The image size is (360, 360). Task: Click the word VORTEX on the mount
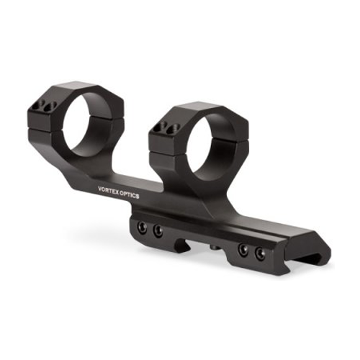tap(108, 191)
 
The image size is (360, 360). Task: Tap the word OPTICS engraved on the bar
tap(130, 195)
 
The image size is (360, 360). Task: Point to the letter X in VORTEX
tap(117, 192)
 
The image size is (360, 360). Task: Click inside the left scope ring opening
tap(86, 125)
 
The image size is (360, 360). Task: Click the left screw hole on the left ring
tap(38, 105)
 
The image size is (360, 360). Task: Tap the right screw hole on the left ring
tap(50, 107)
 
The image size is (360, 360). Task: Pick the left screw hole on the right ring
tap(160, 127)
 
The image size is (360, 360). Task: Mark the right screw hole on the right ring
tap(174, 129)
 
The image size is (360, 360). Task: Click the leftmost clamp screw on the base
tap(143, 228)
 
